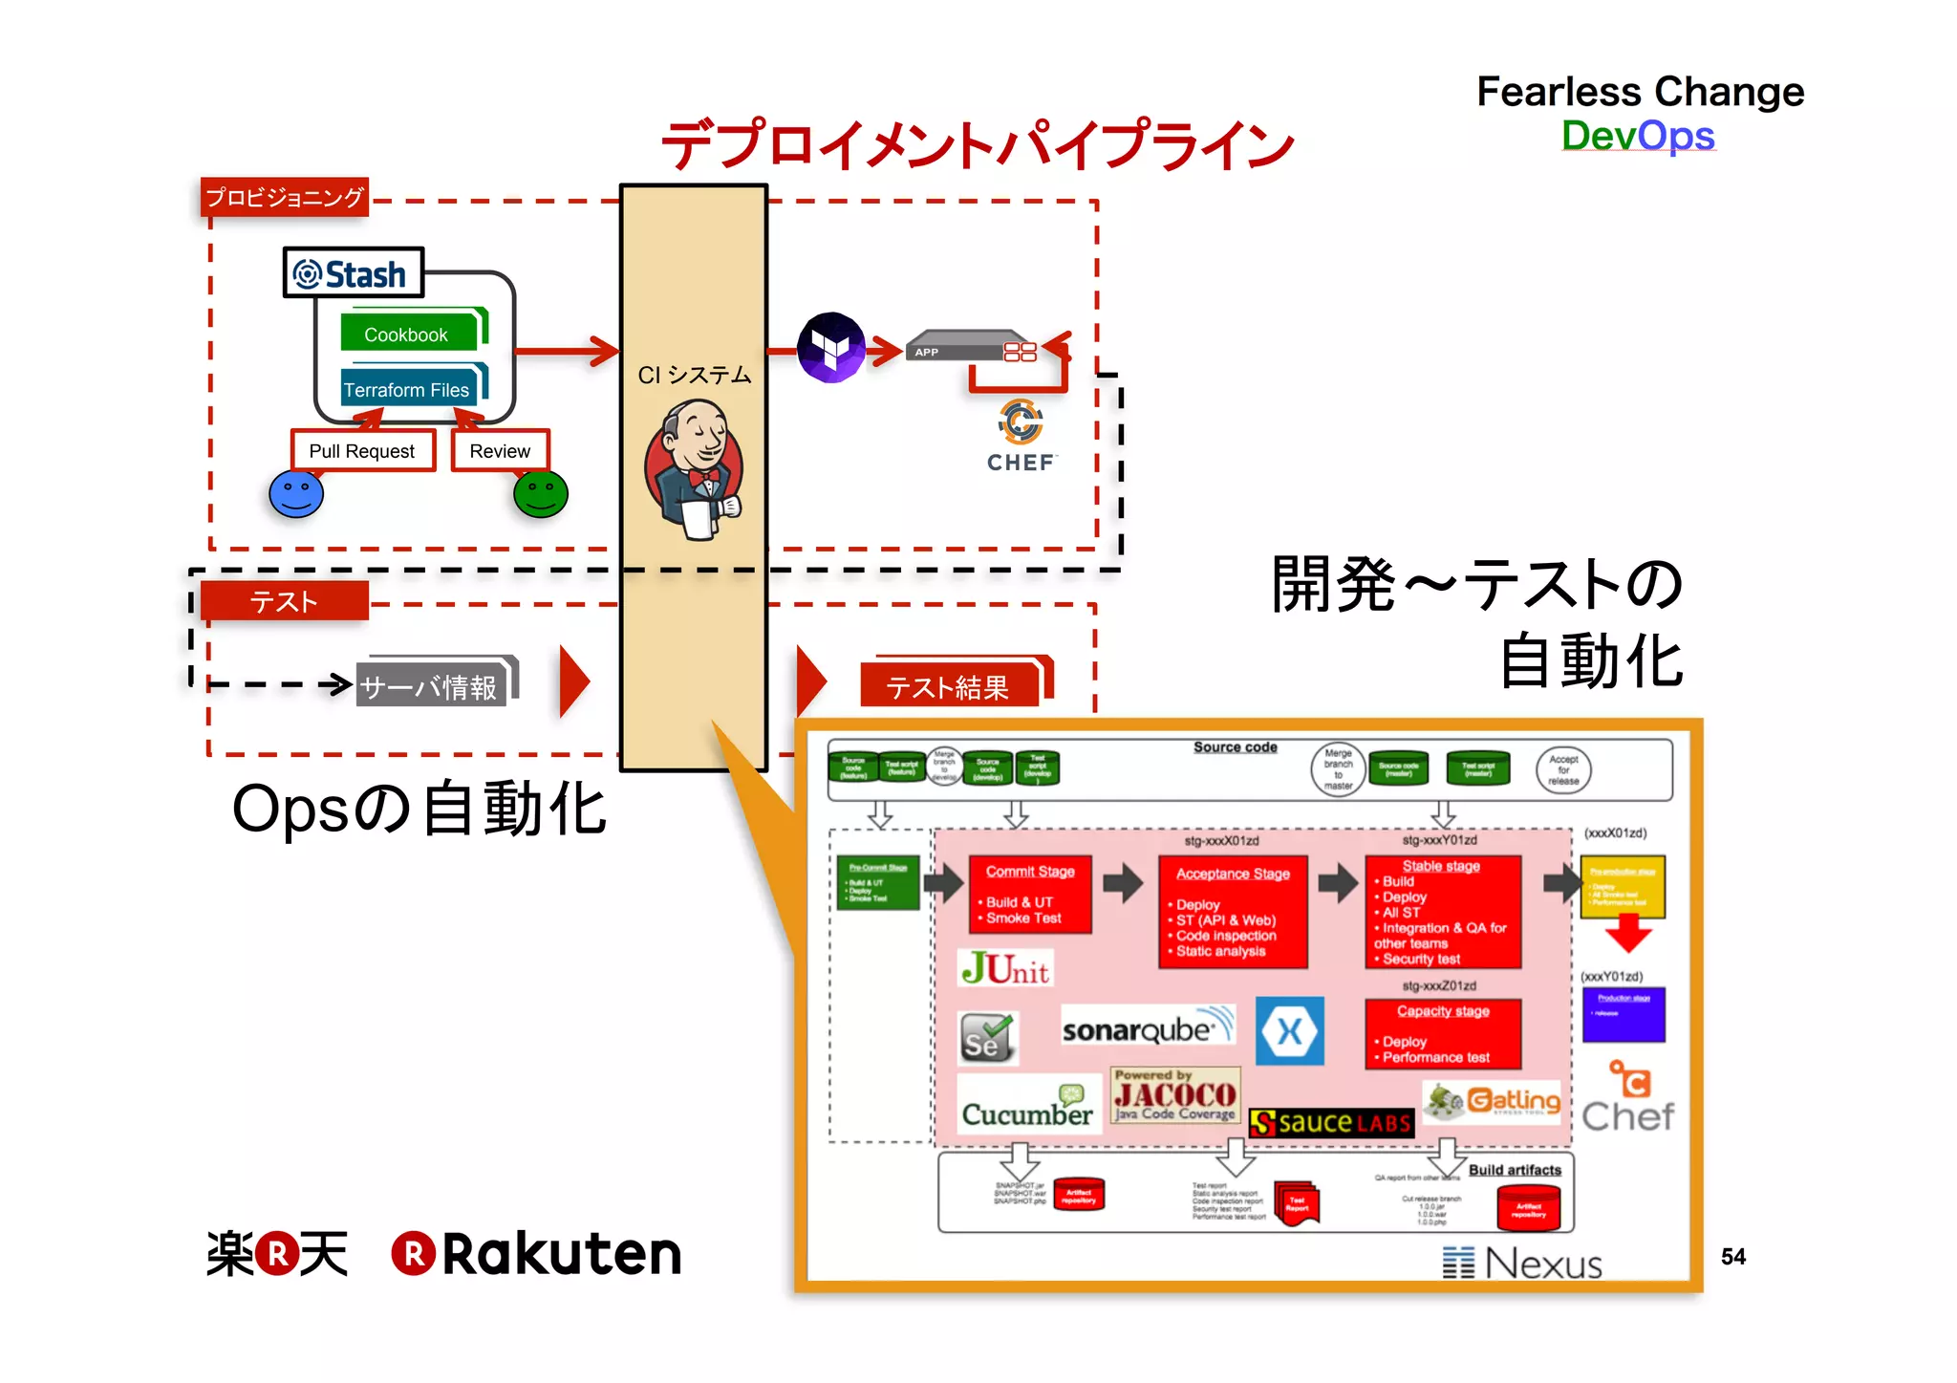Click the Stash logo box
(353, 273)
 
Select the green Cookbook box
(408, 334)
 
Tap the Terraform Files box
(408, 389)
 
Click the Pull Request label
(362, 450)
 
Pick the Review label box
(500, 450)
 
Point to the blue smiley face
(296, 494)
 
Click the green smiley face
(541, 494)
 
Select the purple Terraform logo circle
(830, 348)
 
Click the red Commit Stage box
(1030, 894)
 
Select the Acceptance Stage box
(1233, 911)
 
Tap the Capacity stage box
(1443, 1033)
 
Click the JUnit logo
(1005, 968)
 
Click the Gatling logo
(1493, 1102)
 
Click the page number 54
(1732, 1257)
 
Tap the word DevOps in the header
(1638, 136)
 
